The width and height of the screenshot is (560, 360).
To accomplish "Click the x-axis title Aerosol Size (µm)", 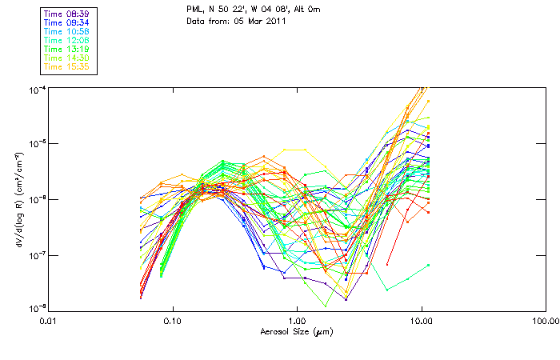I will (x=296, y=330).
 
